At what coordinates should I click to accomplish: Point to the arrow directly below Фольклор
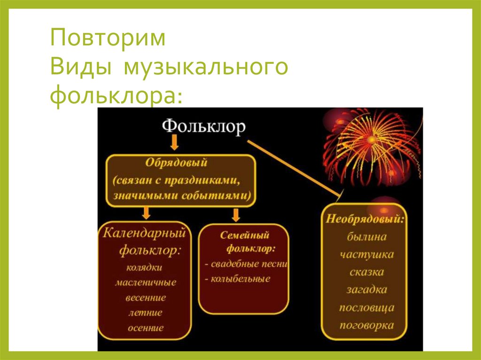click(x=174, y=142)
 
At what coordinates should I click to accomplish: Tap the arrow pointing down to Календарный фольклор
click(x=147, y=214)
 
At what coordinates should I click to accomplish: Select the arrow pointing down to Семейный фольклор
click(x=236, y=214)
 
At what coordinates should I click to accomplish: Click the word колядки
click(x=145, y=268)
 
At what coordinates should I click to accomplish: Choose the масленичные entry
click(x=145, y=283)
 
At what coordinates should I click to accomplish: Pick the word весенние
click(x=145, y=298)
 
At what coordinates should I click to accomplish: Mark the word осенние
click(x=145, y=328)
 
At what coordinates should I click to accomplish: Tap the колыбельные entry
click(x=237, y=279)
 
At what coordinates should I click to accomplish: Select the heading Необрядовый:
click(x=365, y=219)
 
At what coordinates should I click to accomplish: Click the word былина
click(x=367, y=237)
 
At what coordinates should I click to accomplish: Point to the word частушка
click(x=367, y=254)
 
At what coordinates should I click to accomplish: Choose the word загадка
click(x=367, y=290)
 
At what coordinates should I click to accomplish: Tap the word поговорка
click(x=367, y=325)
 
